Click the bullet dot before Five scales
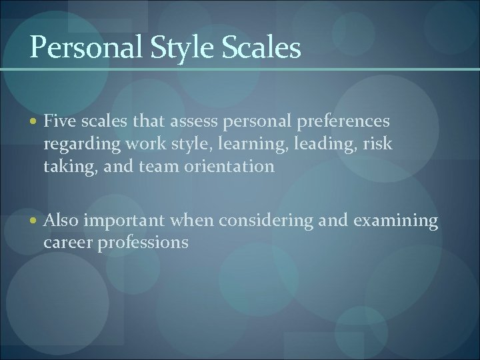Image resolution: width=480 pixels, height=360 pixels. [x=34, y=122]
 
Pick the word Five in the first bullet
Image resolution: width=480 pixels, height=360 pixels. [x=58, y=122]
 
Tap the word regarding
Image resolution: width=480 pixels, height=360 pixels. [x=75, y=145]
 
